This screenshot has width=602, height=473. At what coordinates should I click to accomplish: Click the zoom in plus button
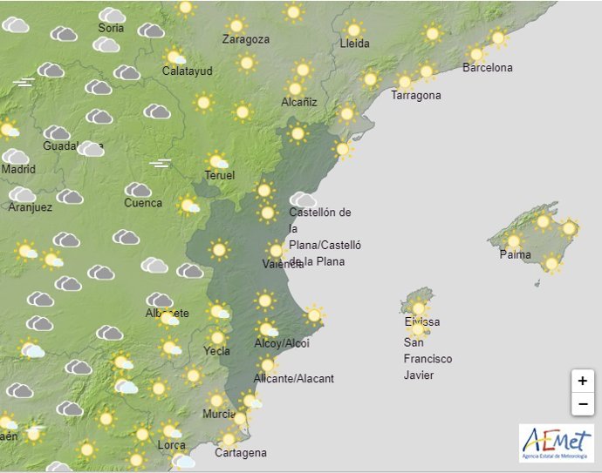582,381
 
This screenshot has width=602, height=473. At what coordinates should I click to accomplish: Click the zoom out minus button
582,404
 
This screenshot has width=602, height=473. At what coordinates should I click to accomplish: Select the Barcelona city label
488,68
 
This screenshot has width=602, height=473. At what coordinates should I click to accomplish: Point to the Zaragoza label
246,39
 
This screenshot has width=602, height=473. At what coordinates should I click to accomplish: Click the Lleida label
355,44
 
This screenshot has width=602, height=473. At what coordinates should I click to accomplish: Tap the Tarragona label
416,96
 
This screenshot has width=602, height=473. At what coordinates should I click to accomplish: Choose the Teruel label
220,176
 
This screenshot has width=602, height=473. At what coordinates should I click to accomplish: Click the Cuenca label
143,203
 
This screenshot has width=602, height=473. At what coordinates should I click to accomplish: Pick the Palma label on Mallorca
515,254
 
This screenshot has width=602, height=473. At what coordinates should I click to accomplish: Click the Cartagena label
240,453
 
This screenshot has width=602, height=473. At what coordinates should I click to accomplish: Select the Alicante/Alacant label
293,379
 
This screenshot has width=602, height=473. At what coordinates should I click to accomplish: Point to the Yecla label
216,351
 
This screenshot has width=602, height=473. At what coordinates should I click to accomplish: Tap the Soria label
112,28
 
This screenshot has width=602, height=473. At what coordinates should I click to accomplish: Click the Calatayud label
188,71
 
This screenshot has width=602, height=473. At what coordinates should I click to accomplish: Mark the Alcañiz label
299,102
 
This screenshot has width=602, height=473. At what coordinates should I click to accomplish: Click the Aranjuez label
30,207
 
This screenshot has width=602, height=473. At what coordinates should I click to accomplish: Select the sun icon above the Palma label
513,240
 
